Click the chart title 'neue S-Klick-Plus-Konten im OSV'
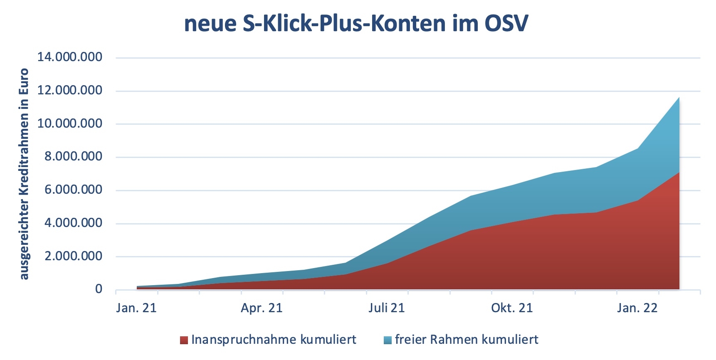pos(356,23)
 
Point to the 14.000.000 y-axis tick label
pos(70,57)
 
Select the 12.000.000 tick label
pos(70,90)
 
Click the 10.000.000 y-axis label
pos(70,123)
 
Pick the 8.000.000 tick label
pos(74,157)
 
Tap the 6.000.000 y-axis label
pos(74,190)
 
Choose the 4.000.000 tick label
pos(74,223)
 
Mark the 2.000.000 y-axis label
pos(74,256)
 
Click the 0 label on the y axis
pos(99,289)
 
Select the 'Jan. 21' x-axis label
pos(136,308)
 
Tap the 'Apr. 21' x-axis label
pos(262,308)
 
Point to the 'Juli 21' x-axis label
pos(386,308)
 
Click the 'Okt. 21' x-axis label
pos(512,308)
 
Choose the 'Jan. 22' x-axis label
pos(637,308)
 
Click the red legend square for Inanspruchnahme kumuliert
pos(184,340)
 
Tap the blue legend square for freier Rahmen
pos(388,340)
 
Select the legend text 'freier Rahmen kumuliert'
pos(467,340)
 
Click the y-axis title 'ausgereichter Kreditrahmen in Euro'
pos(25,174)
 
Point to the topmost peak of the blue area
pos(679,98)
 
